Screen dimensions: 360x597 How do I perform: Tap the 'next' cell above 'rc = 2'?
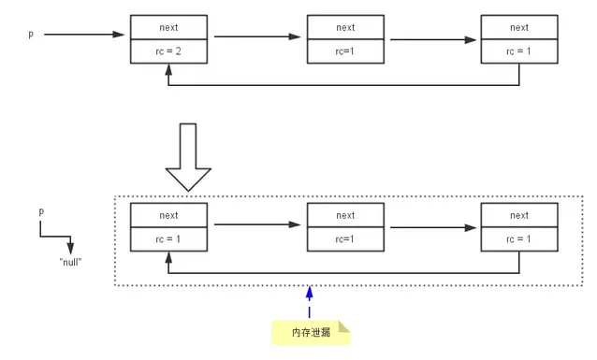coord(168,28)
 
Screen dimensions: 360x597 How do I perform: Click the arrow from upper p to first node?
coord(84,36)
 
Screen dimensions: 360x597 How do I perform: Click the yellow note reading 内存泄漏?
coord(310,332)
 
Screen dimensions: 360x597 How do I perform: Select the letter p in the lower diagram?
coord(41,213)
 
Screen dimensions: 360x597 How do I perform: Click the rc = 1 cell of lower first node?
coord(168,239)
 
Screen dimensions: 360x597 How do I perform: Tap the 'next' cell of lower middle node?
coord(345,215)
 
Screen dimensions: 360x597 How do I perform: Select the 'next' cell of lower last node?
coord(519,215)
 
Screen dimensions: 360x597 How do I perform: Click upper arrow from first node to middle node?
coord(256,36)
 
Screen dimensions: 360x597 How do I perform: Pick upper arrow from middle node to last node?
coord(433,40)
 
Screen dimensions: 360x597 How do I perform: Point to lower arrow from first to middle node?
coord(256,223)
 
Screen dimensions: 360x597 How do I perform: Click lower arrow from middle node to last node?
coord(433,227)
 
